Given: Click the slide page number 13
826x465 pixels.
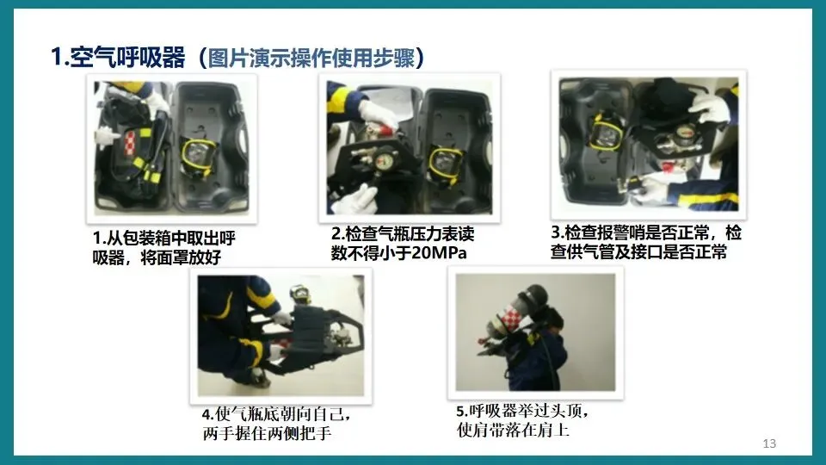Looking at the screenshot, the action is (x=769, y=443).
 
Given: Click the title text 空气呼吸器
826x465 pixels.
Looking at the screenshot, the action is (x=127, y=57).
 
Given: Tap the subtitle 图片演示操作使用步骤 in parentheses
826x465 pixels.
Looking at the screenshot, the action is (x=311, y=58).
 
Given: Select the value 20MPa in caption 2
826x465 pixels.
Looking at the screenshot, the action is (x=439, y=253).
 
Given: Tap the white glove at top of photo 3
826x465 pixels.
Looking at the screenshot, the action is (x=710, y=108).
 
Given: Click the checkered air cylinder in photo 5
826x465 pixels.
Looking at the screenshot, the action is (x=509, y=319).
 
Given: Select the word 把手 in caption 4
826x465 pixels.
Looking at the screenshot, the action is (x=316, y=434).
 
